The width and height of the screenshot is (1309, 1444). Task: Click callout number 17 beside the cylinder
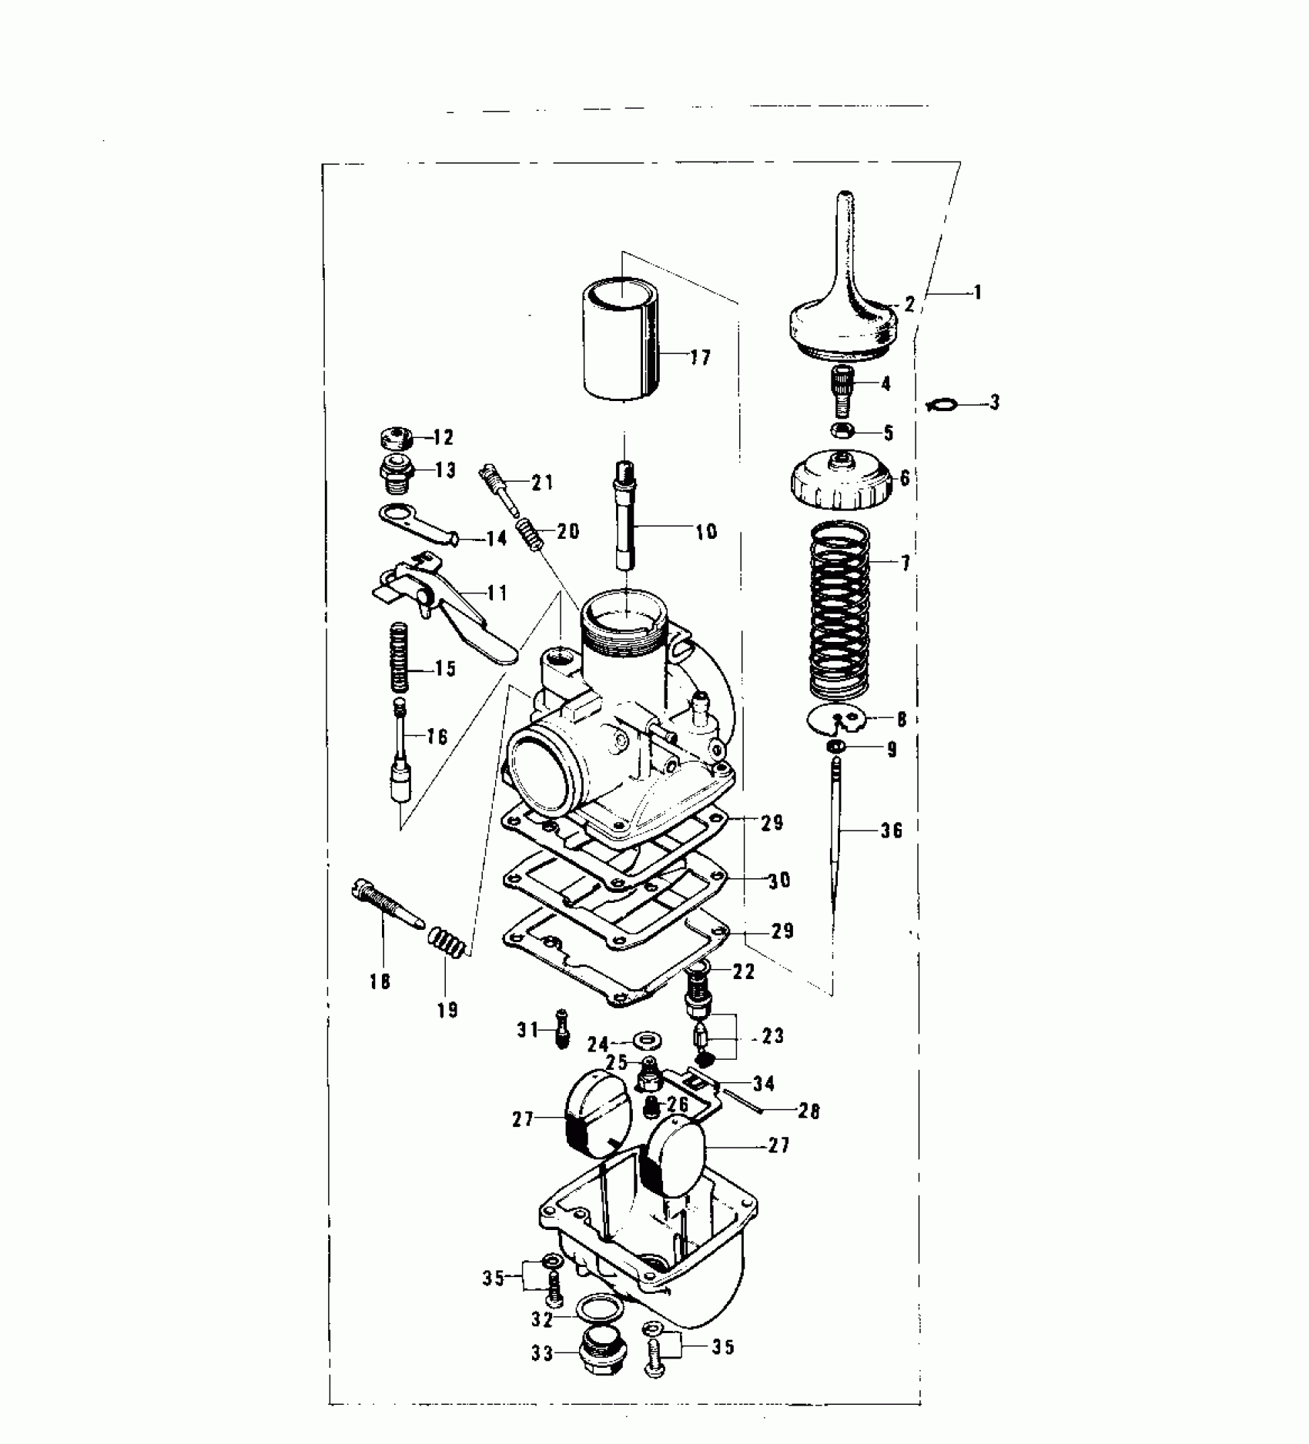(x=700, y=357)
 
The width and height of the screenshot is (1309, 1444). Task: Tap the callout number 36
(x=891, y=831)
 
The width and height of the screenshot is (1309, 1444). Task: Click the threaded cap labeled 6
(x=840, y=482)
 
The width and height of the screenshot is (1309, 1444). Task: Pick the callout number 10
(x=705, y=530)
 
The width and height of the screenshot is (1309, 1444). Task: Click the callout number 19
(x=447, y=1009)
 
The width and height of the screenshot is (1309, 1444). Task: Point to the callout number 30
(x=779, y=879)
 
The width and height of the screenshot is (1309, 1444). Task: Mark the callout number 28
(x=809, y=1111)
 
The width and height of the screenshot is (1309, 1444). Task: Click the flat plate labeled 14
(x=416, y=523)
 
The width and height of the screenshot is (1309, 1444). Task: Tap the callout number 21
(x=542, y=483)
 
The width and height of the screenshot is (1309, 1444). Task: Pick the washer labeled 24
(x=643, y=1041)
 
